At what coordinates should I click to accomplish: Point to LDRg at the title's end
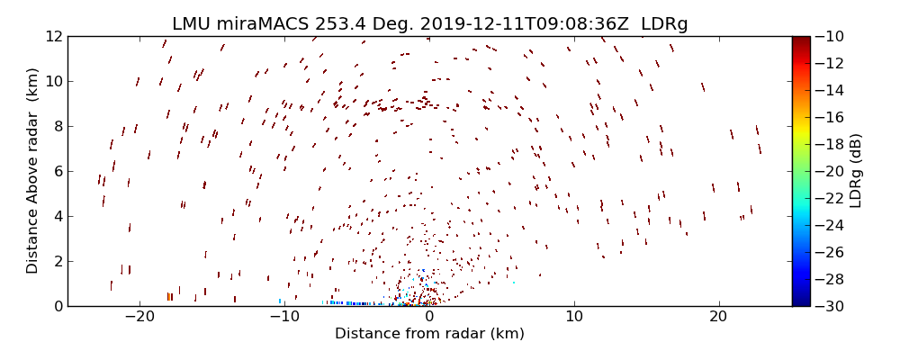(664, 24)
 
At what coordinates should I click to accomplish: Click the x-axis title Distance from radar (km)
(429, 334)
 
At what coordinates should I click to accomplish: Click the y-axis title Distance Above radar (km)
(32, 171)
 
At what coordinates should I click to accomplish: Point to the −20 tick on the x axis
(140, 317)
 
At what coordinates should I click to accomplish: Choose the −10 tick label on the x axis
(284, 317)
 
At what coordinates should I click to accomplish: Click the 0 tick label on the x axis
(429, 317)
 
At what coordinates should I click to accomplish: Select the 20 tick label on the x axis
(718, 317)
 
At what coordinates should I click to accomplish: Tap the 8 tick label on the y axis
(58, 126)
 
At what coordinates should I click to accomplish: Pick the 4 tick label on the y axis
(58, 216)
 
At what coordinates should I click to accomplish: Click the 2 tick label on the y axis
(58, 261)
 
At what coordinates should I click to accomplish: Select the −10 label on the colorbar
(830, 36)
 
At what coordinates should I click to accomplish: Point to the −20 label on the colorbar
(830, 171)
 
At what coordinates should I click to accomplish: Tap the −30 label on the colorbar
(830, 306)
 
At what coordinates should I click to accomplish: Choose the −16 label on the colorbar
(830, 117)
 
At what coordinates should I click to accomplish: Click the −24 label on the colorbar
(830, 225)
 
